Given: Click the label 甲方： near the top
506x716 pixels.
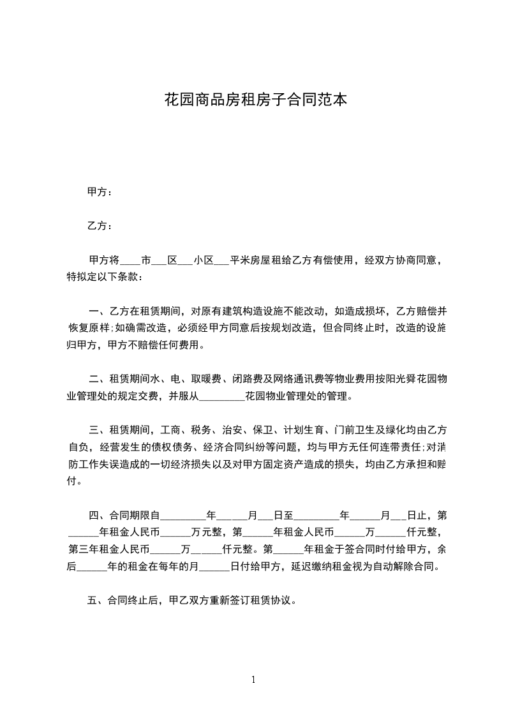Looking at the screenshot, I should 100,191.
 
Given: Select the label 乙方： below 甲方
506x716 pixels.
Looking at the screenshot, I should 100,226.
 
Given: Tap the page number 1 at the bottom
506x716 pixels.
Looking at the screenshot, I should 253,679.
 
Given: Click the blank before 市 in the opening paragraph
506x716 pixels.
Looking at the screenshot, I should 130,262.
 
